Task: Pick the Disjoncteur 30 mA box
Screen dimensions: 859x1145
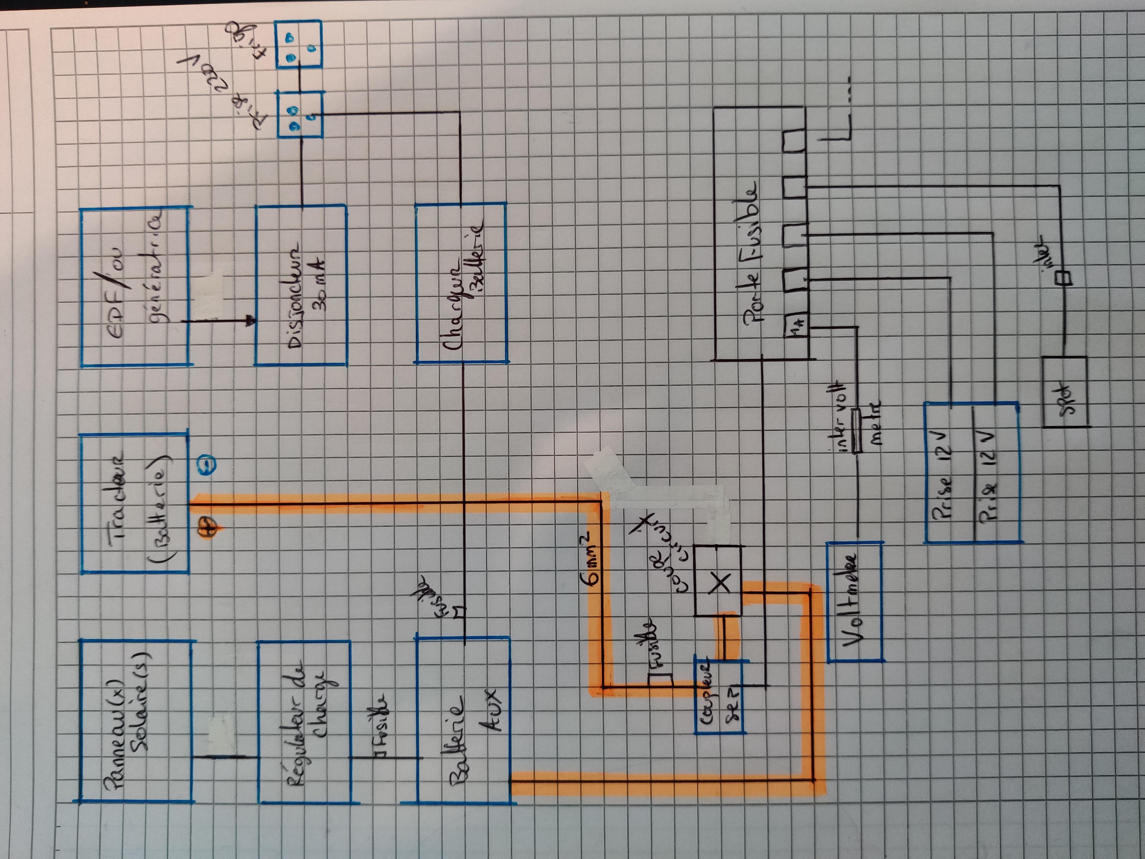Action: coord(301,285)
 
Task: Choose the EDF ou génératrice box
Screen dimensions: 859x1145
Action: coord(135,287)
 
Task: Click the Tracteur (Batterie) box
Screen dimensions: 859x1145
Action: coord(135,503)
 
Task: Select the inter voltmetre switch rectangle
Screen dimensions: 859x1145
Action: coord(857,431)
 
